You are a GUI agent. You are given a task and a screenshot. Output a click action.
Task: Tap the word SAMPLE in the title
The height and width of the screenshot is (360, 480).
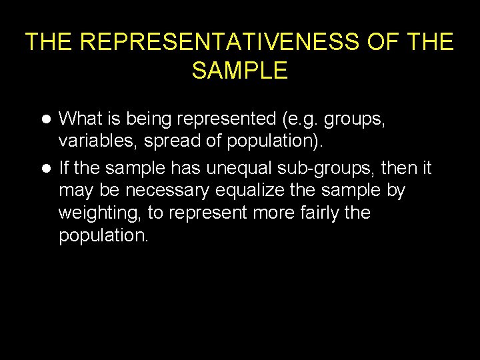click(x=240, y=70)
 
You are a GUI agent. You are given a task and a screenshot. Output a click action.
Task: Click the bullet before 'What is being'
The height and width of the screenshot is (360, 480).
click(x=46, y=119)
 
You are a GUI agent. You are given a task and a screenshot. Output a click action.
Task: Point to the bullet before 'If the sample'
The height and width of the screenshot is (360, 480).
click(x=46, y=167)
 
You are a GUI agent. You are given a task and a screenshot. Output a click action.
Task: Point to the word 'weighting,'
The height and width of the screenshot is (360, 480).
click(x=97, y=213)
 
